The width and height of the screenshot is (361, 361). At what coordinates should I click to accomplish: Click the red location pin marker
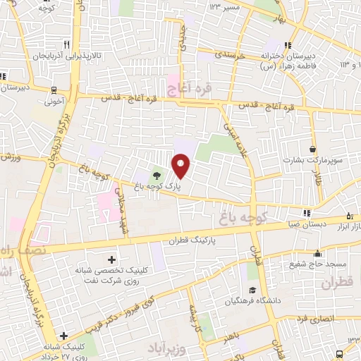click(x=182, y=166)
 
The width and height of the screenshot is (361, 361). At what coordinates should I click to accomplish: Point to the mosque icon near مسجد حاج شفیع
click(x=318, y=252)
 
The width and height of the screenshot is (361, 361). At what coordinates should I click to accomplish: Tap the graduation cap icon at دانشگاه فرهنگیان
click(x=251, y=290)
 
